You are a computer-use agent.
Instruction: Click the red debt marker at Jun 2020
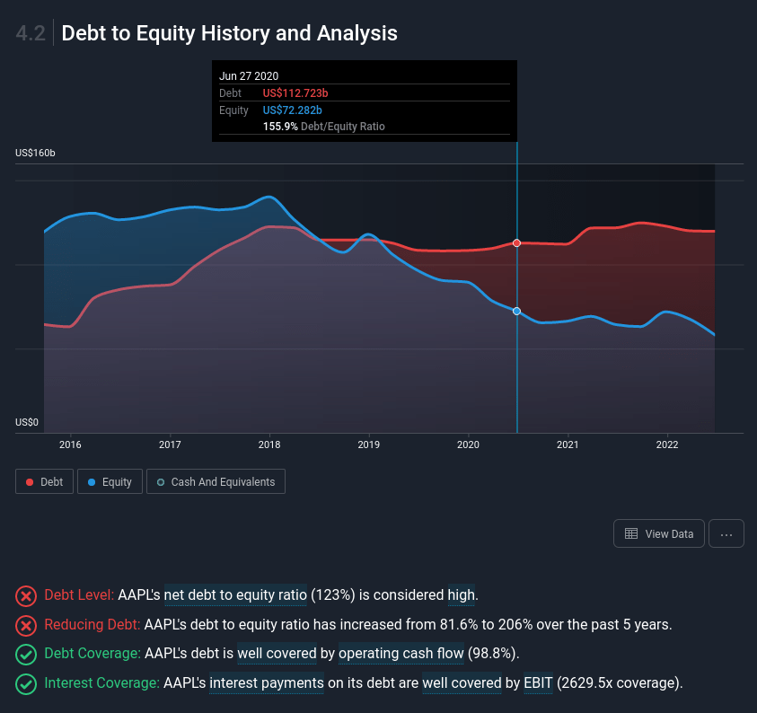pos(516,243)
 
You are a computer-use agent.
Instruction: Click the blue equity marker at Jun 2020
pos(516,311)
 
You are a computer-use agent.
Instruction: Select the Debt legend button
pos(44,482)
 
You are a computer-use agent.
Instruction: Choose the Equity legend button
pos(110,482)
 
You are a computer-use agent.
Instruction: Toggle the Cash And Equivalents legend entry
pos(216,482)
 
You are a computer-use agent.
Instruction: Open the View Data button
pos(658,533)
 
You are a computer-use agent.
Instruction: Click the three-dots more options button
pos(726,533)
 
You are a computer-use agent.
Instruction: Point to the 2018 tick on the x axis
pos(269,445)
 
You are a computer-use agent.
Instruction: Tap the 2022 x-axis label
pos(666,445)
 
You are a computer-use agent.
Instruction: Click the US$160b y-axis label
pos(35,154)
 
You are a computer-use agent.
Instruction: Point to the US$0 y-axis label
pos(28,422)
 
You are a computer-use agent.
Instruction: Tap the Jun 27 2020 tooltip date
pos(249,76)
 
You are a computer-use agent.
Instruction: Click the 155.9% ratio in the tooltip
pos(280,127)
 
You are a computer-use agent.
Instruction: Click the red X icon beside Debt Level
pos(27,595)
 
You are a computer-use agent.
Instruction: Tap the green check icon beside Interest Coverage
pos(27,683)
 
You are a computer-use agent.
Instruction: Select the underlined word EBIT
pos(538,683)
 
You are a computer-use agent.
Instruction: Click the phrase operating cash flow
pos(401,654)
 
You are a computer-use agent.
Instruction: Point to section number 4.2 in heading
pos(31,34)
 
